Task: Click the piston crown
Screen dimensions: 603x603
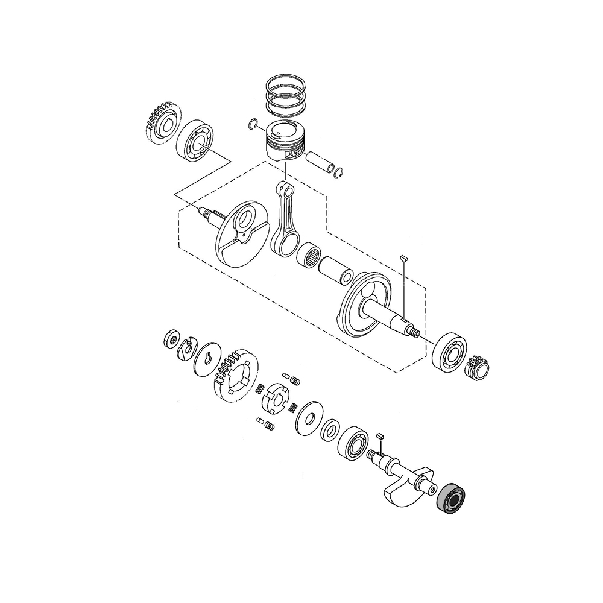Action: point(287,129)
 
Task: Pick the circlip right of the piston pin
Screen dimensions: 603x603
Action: point(339,172)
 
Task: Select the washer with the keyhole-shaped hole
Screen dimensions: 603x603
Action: point(207,358)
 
